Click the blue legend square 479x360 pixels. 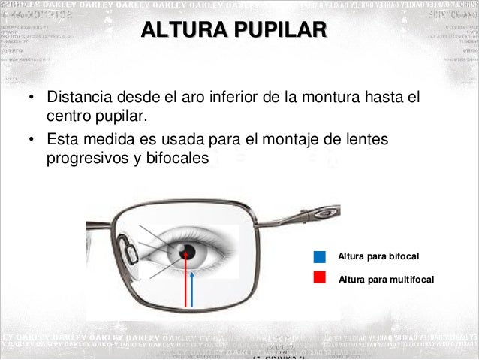320,257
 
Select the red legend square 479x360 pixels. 320,277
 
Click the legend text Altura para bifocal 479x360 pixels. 378,257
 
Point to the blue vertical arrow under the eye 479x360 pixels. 194,289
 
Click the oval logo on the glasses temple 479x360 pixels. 324,213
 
